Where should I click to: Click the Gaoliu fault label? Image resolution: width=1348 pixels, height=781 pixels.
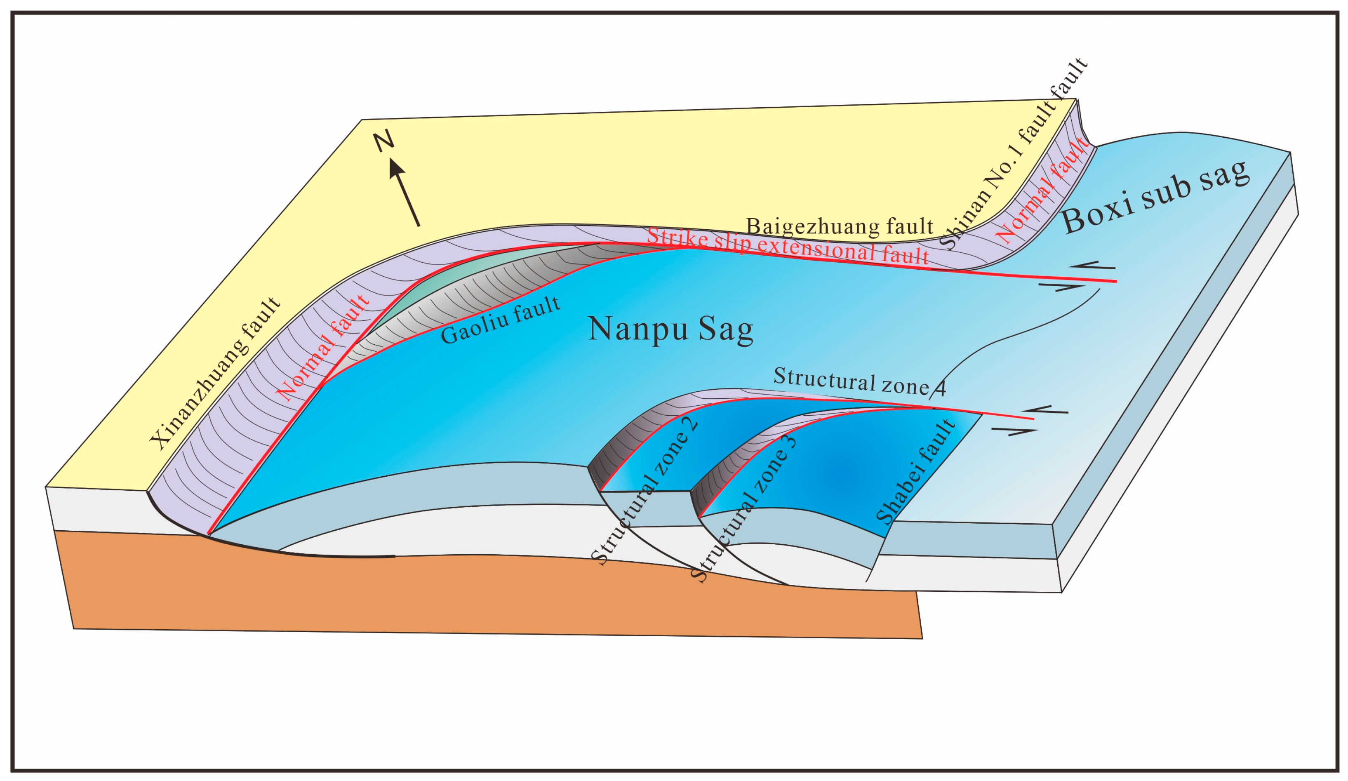[501, 320]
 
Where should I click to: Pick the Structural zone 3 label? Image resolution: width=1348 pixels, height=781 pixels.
[744, 508]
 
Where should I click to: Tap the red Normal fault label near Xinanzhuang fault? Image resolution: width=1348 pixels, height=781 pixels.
[322, 348]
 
